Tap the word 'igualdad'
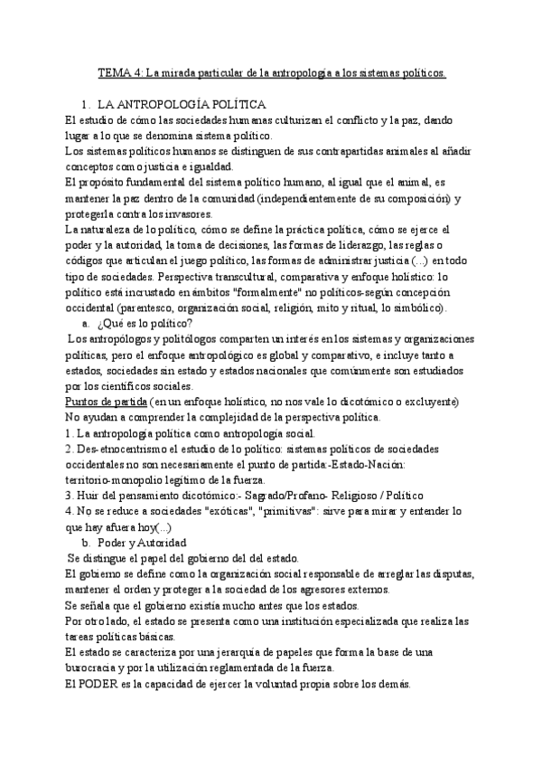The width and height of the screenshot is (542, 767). coord(205,166)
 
